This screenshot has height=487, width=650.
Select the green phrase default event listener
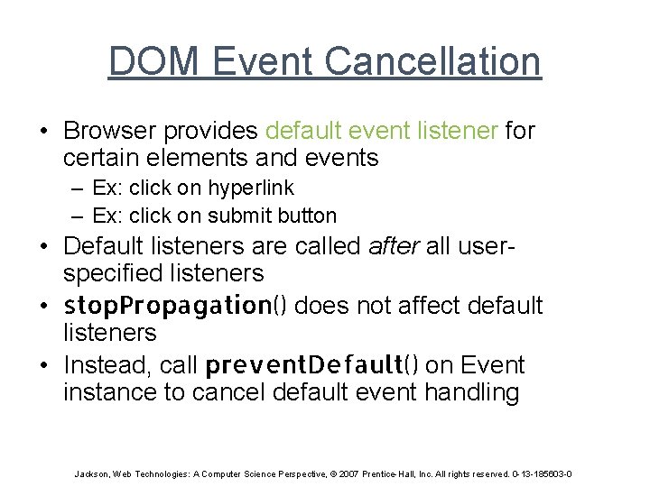[x=381, y=131]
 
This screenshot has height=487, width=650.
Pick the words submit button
[x=273, y=216]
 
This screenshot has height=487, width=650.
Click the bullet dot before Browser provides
[x=43, y=132]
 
